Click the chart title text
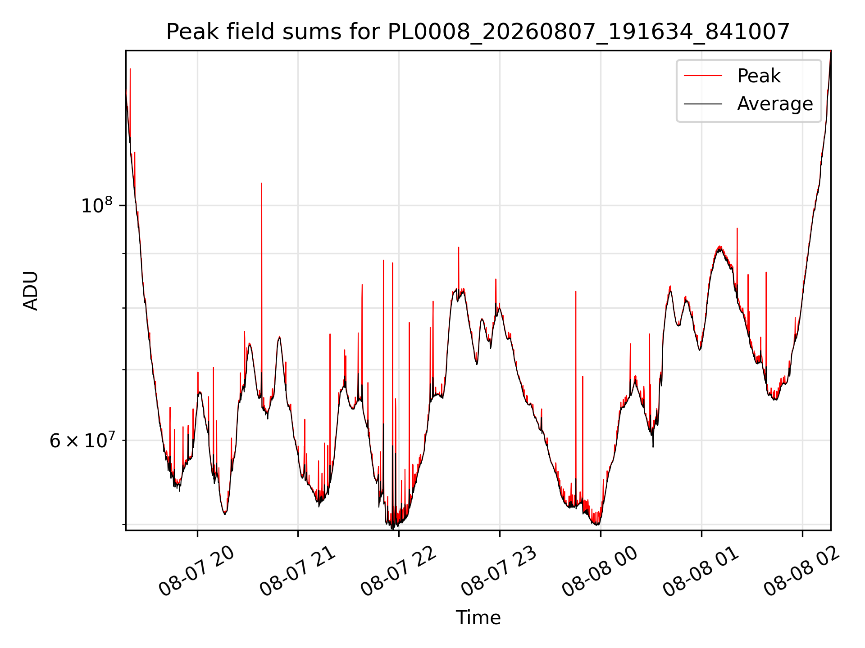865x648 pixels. pos(478,32)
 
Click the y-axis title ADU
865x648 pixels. pos(31,291)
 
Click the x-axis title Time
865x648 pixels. pos(478,617)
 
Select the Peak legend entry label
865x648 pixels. pos(759,76)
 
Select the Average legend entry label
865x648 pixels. pos(775,104)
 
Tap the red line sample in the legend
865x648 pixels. pos(703,76)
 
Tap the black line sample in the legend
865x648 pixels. pos(703,104)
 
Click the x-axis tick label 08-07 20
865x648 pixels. pos(197,571)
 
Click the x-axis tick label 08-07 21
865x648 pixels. pos(298,571)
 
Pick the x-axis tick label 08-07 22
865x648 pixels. pos(399,571)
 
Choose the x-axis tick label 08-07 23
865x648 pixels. pos(499,571)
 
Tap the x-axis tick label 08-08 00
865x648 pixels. pos(600,571)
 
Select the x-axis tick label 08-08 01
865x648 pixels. pos(701,571)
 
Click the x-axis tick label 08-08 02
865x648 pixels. pos(802,571)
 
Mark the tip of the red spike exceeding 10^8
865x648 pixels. pos(262,183)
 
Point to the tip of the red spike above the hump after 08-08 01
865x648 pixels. pos(737,228)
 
